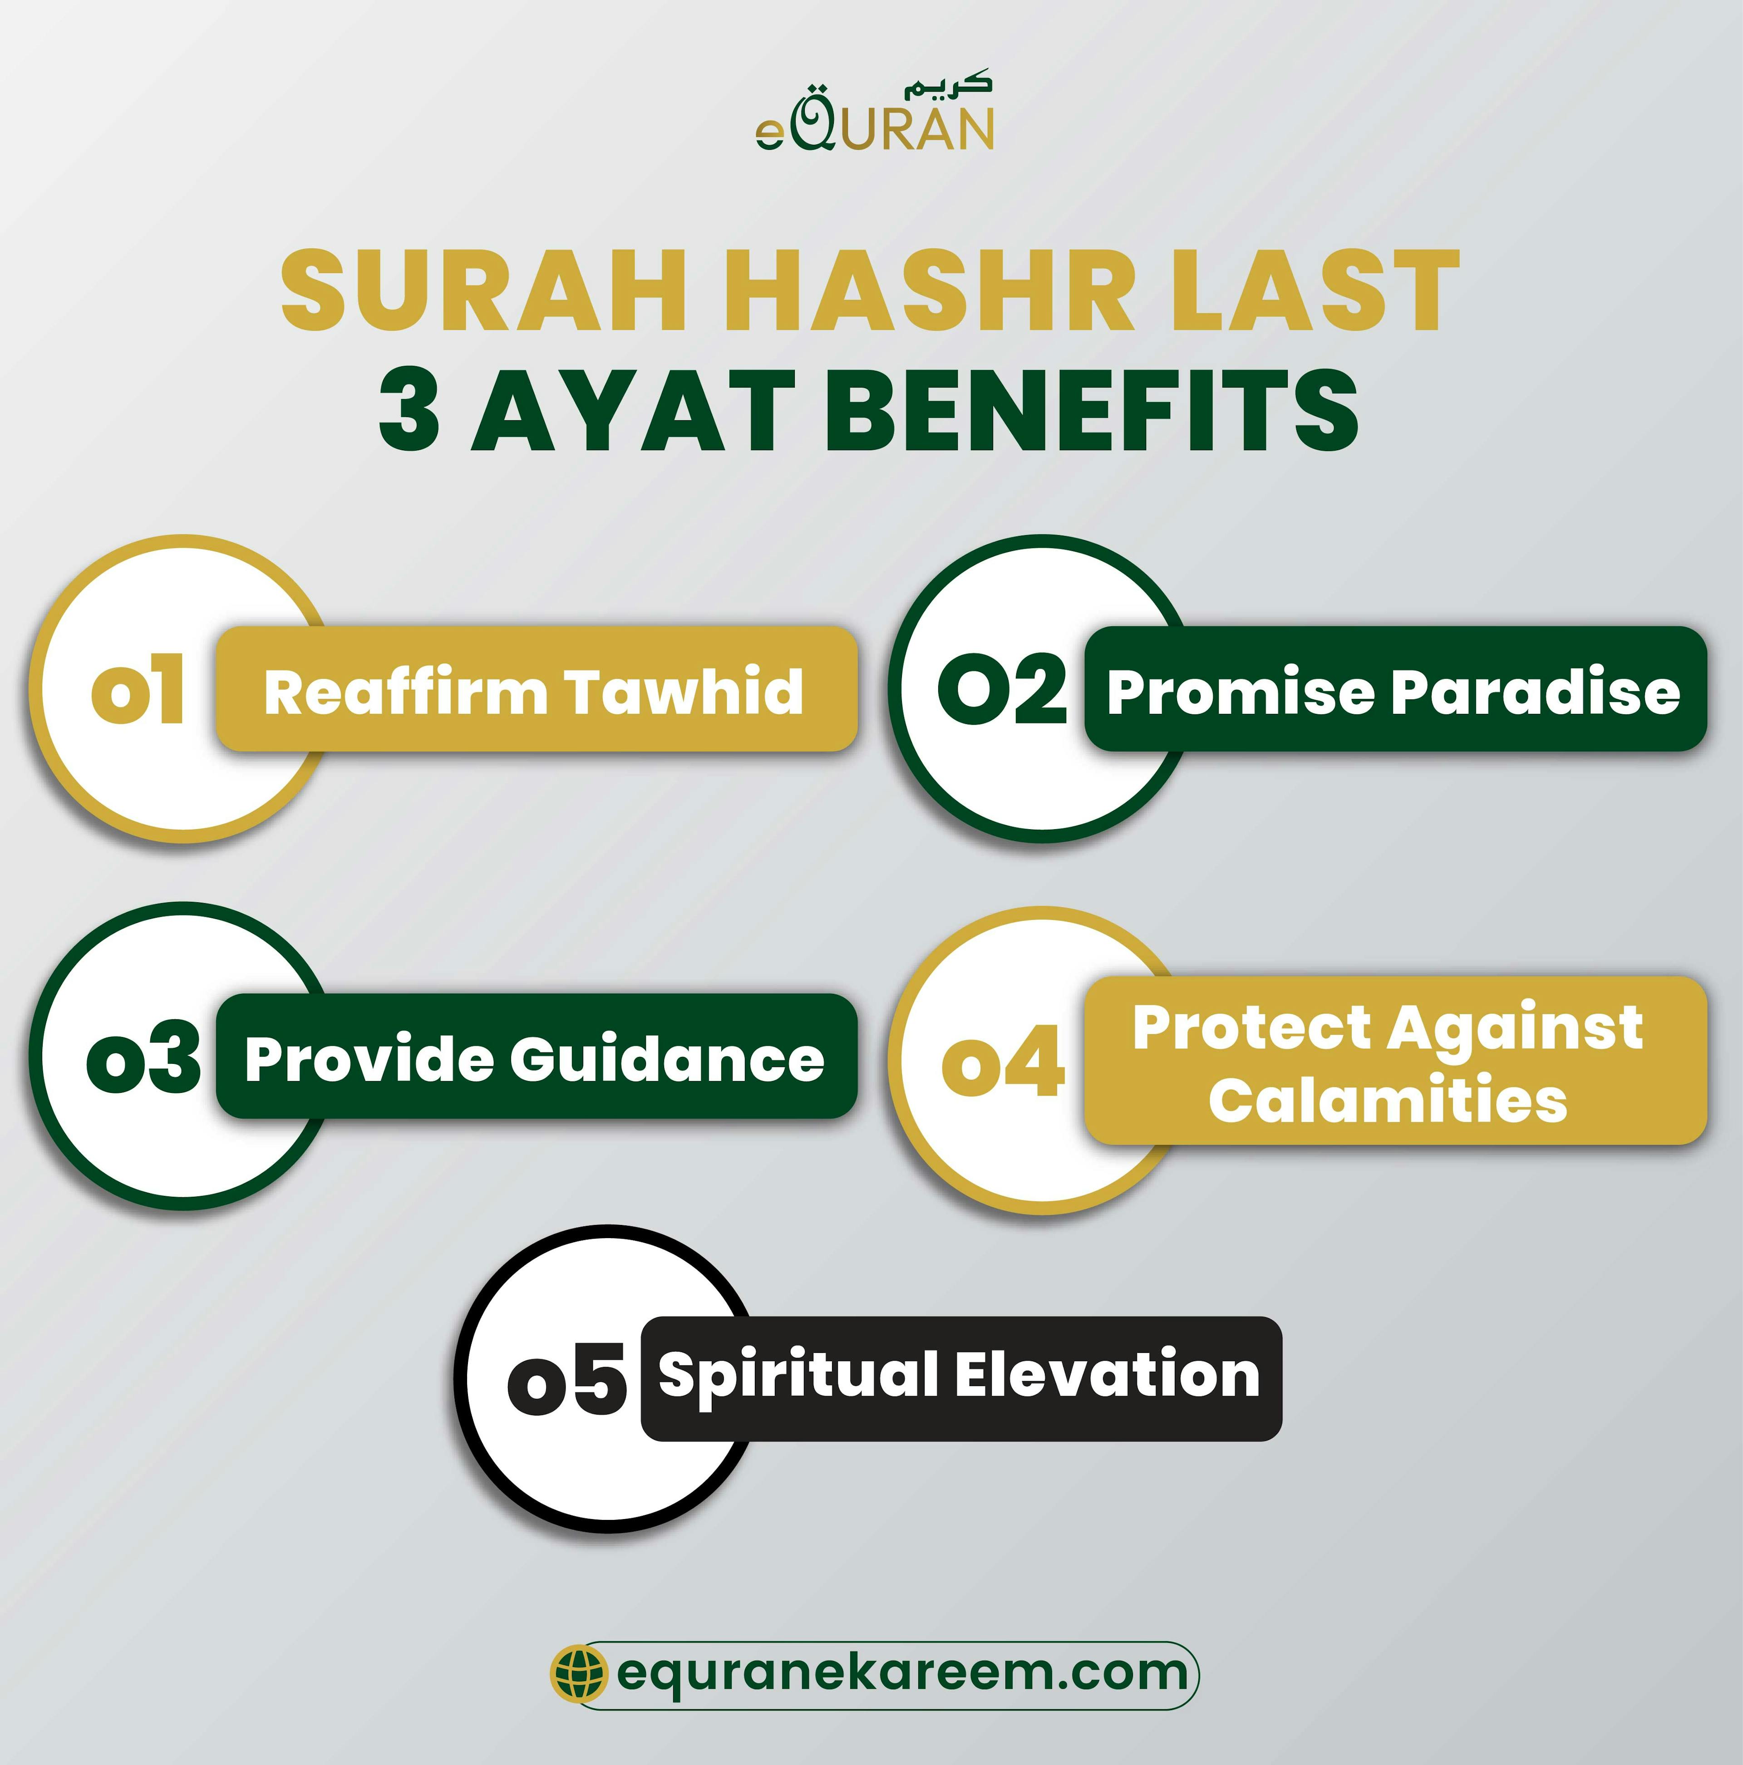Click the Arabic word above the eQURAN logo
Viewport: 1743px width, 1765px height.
947,87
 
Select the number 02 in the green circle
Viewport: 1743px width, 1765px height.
1002,690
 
